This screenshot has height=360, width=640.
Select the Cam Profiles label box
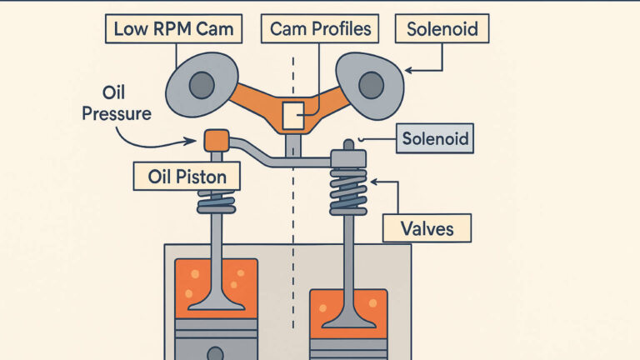[319, 30]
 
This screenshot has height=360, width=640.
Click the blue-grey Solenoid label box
[433, 137]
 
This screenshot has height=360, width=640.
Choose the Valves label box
[427, 227]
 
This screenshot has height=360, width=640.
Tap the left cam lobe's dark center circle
[201, 84]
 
